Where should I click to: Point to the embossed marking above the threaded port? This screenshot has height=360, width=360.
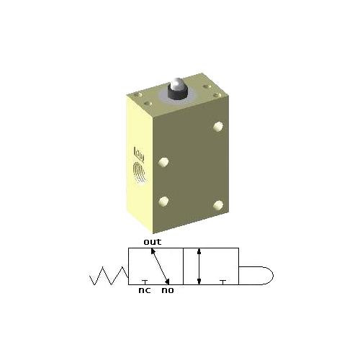140,153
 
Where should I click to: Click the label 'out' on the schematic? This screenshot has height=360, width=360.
152,242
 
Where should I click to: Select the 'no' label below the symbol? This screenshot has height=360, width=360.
167,291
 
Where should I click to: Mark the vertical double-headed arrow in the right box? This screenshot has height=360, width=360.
199,266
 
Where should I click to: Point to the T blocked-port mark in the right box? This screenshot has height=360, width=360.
222,282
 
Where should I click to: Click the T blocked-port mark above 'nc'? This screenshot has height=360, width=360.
145,282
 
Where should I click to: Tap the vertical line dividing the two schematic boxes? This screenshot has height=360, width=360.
184,266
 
